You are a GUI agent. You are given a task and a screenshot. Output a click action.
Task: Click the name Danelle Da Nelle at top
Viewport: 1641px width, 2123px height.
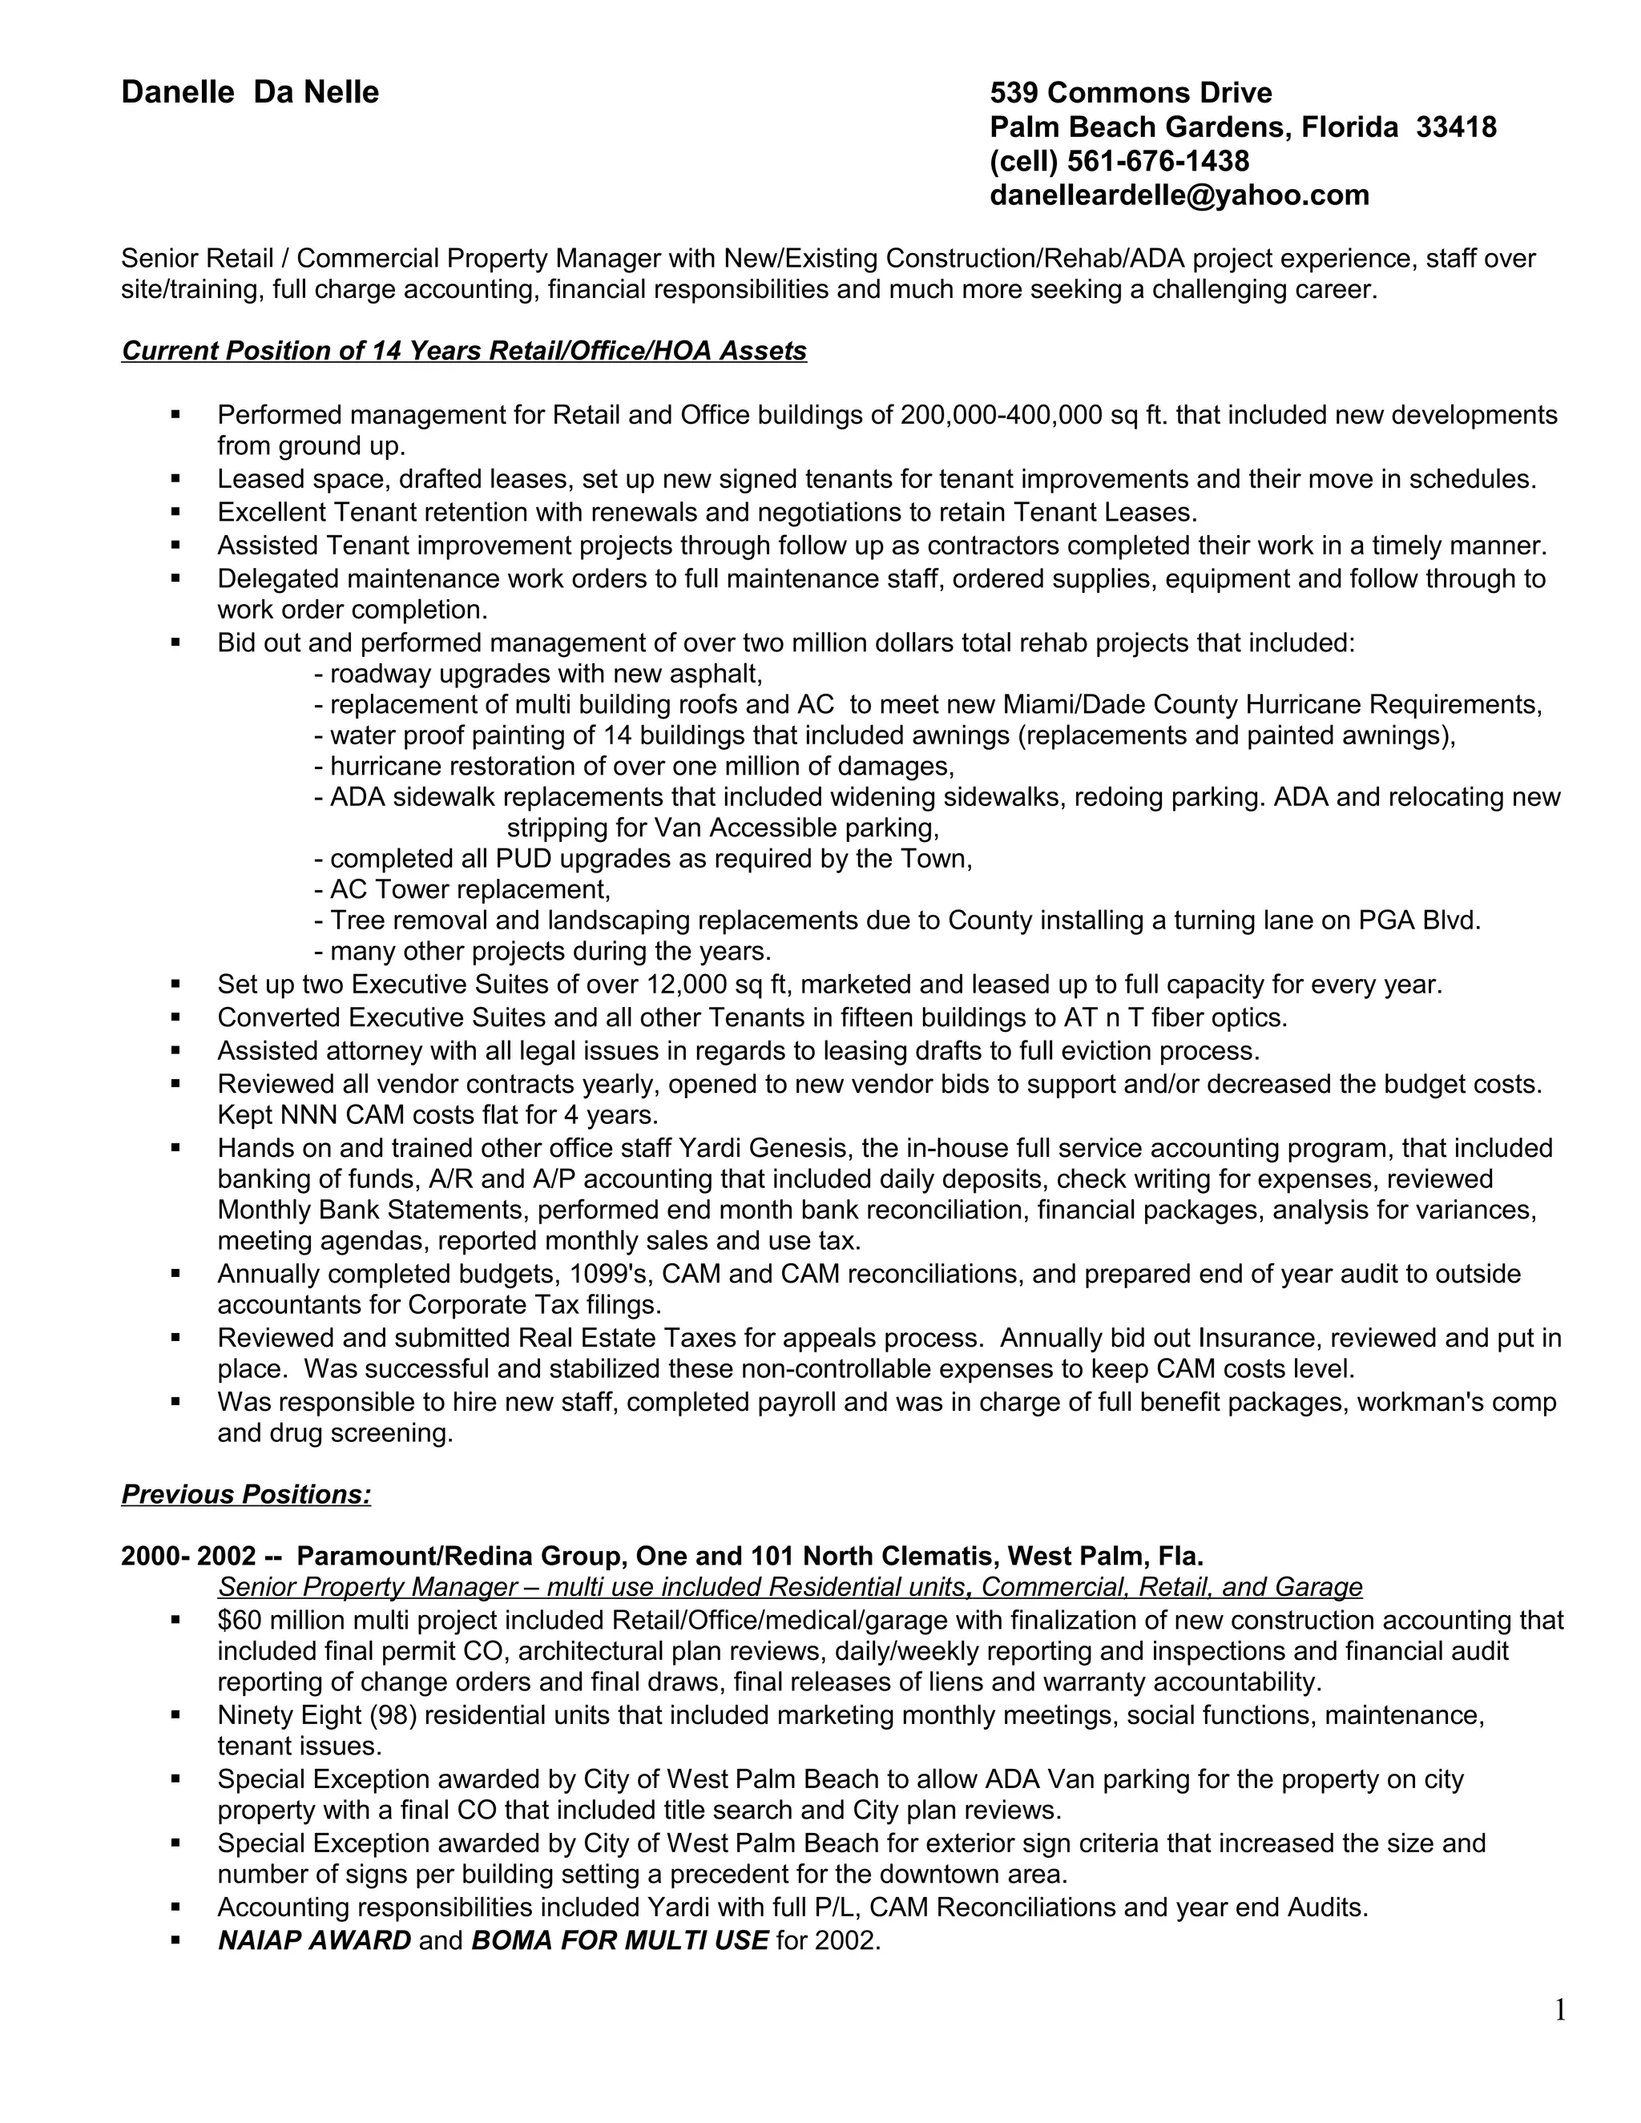tap(250, 92)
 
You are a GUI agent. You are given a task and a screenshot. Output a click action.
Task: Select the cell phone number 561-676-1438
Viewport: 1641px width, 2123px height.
tap(1157, 161)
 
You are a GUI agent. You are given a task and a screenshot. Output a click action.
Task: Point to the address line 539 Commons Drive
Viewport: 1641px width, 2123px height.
tap(1130, 93)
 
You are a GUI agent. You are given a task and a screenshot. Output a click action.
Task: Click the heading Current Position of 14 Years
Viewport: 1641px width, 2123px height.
tap(464, 351)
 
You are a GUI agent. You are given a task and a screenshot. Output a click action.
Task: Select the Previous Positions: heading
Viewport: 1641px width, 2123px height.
tap(246, 1494)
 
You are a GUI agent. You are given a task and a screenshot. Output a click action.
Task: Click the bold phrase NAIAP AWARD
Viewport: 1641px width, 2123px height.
tap(314, 1940)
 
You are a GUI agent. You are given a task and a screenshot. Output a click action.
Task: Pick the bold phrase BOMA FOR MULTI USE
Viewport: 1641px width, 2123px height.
tap(619, 1940)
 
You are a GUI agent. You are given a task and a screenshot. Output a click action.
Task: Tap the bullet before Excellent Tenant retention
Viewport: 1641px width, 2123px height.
tap(176, 511)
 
